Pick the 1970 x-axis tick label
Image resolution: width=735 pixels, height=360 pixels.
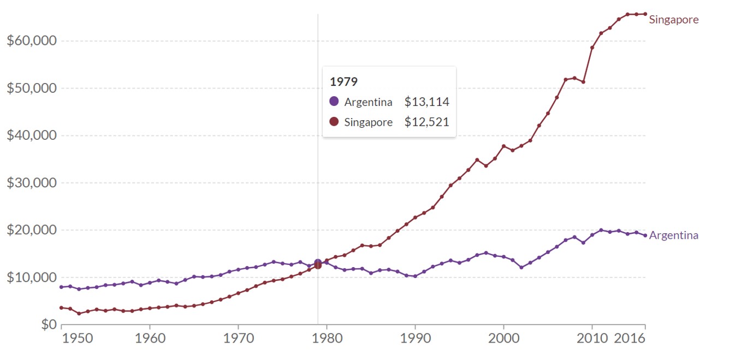pyautogui.click(x=238, y=339)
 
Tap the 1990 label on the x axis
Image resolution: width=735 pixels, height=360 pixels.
pyautogui.click(x=415, y=339)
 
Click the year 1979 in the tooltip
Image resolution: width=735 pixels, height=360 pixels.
pyautogui.click(x=344, y=82)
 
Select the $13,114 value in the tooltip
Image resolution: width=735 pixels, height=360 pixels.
pyautogui.click(x=426, y=102)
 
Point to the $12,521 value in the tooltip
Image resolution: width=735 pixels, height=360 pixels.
pyautogui.click(x=426, y=122)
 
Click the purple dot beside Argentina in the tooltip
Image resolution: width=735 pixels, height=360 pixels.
pyautogui.click(x=334, y=102)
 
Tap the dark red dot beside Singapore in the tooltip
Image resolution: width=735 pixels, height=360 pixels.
pyautogui.click(x=334, y=122)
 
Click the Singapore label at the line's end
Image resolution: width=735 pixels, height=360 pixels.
pyautogui.click(x=673, y=20)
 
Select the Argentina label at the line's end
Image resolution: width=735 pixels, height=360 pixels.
pyautogui.click(x=673, y=235)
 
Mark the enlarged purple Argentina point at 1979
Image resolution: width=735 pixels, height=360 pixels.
pyautogui.click(x=318, y=263)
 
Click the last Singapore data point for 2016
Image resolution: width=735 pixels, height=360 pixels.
pyautogui.click(x=645, y=14)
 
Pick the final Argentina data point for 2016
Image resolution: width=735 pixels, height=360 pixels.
pyautogui.click(x=645, y=235)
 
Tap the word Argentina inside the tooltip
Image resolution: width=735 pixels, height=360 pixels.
pyautogui.click(x=368, y=102)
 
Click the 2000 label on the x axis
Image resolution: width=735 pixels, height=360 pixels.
pyautogui.click(x=503, y=339)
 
